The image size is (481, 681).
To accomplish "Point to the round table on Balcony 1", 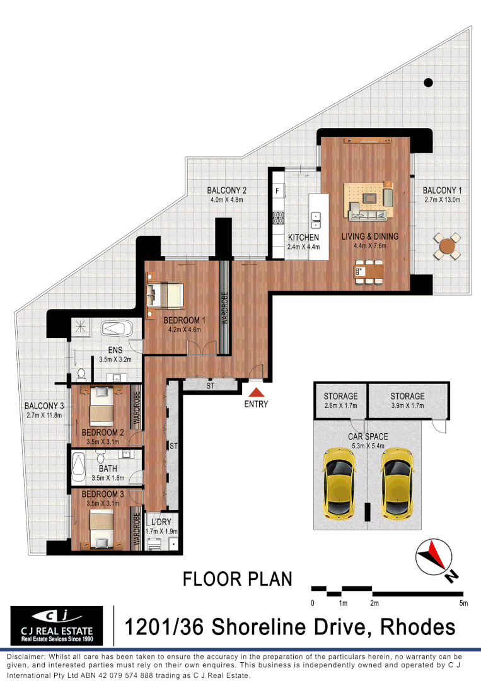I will (448, 245).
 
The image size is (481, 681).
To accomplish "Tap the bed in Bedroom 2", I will (100, 407).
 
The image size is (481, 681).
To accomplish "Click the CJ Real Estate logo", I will (57, 626).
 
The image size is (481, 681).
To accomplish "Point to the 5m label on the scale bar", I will (463, 603).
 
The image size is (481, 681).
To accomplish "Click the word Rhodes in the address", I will (413, 627).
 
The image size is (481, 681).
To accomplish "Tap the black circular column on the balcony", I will (428, 82).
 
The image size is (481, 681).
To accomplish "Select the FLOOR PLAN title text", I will (237, 579).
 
